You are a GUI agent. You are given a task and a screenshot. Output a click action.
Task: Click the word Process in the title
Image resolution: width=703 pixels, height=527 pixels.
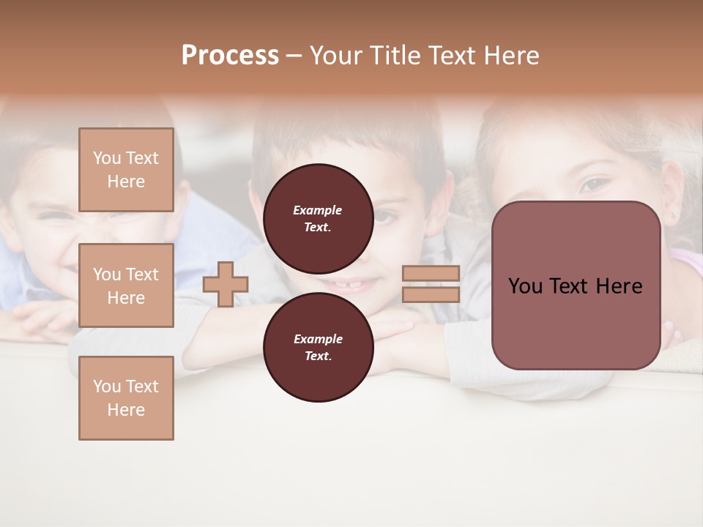tap(230, 56)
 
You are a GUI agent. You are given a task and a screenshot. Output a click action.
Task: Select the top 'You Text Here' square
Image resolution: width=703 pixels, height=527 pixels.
tap(126, 170)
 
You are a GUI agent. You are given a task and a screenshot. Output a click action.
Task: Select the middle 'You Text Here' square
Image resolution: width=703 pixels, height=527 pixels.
tap(126, 285)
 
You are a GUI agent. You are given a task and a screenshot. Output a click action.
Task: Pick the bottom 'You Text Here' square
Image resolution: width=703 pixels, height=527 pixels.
tap(126, 398)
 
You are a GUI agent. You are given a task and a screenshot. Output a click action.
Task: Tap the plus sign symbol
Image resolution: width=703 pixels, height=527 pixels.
tap(226, 284)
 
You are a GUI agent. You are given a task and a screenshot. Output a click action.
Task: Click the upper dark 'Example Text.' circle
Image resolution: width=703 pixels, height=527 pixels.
tap(318, 218)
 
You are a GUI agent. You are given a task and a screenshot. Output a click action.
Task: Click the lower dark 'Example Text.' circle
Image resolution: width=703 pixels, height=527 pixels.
tap(318, 347)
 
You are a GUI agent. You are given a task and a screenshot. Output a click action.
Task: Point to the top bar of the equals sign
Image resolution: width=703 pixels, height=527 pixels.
tap(431, 273)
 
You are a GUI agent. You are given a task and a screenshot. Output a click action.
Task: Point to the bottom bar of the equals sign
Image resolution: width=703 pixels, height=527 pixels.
tap(431, 294)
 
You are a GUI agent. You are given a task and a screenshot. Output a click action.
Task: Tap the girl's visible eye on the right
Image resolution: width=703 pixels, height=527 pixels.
tap(595, 184)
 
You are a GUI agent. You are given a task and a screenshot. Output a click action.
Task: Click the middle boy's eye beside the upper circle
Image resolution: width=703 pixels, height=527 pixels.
tap(384, 217)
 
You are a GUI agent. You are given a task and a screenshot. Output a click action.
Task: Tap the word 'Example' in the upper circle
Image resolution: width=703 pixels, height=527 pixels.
tap(318, 210)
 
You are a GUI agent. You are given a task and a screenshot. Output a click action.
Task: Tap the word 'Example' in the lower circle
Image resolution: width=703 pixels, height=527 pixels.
tap(318, 339)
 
